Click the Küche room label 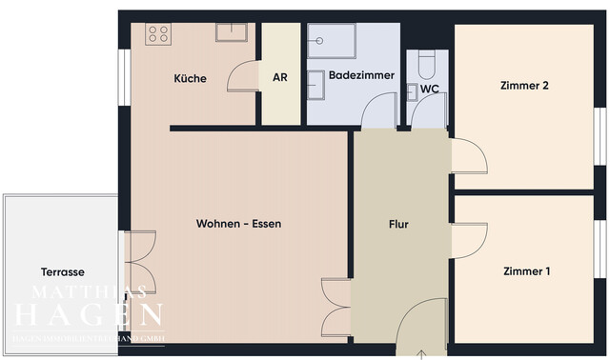[191, 78]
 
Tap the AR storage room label [280, 78]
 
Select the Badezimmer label [356, 74]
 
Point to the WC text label [430, 90]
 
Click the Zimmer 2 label [524, 85]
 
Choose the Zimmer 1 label [526, 271]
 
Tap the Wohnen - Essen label [238, 224]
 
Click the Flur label [398, 225]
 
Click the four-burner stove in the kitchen [158, 35]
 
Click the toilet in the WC [426, 63]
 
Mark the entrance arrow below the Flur [423, 353]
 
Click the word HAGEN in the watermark [87, 313]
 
